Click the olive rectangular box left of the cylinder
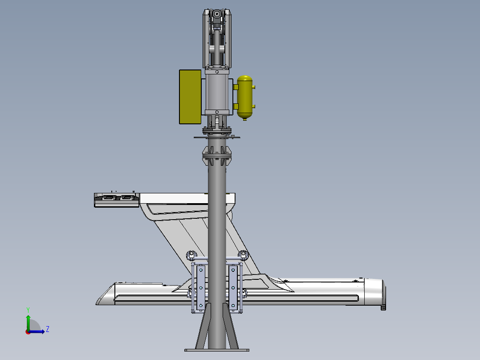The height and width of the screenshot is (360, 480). point(190,97)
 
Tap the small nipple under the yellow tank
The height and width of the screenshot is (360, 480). point(244,119)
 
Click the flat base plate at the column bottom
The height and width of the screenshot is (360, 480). point(217,350)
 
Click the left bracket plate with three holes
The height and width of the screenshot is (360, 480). point(201,288)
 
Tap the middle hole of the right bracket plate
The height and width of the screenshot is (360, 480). point(233,288)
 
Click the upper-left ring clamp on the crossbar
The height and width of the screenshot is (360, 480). point(191,255)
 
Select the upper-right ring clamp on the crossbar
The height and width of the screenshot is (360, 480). point(243,255)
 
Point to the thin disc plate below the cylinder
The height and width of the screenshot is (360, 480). point(217,137)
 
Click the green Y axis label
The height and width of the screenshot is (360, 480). point(28,309)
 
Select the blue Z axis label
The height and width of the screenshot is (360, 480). point(47,329)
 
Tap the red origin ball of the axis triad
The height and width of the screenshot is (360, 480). point(28,331)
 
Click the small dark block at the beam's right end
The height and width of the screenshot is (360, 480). point(383,307)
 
